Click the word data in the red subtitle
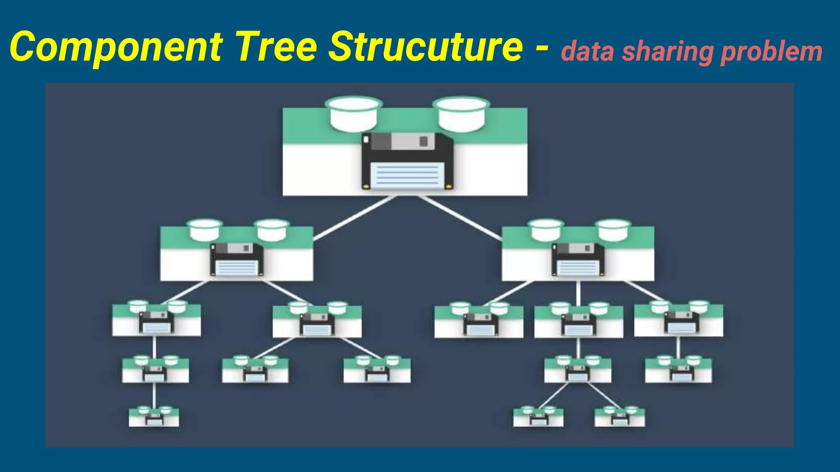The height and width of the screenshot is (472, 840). coord(587,52)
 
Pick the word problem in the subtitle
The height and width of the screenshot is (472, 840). coord(771,52)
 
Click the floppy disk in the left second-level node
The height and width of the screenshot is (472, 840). coord(237,259)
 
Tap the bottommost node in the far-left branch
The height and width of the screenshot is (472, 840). coord(154,417)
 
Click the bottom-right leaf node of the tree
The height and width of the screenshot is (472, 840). coord(619,417)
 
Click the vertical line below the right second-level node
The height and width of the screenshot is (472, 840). coord(578,293)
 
